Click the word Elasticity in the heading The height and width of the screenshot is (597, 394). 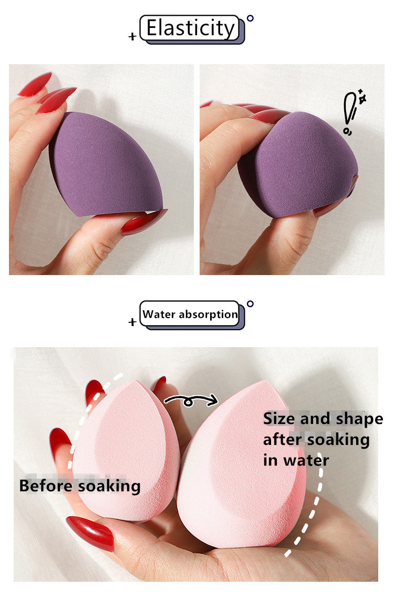point(191,28)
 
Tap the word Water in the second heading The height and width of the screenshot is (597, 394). point(159,314)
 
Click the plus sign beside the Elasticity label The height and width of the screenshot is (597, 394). point(132,36)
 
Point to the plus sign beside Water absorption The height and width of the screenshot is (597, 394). point(132,322)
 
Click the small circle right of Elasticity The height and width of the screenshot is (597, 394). point(250,18)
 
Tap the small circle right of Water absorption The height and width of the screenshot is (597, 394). point(250,303)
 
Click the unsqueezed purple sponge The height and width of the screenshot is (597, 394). point(105,164)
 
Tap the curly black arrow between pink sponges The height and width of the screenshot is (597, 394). point(191,400)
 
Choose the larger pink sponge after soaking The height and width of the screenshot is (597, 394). point(242,464)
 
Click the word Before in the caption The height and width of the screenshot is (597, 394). point(47,486)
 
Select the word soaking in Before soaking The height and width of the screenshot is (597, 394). point(109,487)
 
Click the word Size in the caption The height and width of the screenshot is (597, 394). point(279,419)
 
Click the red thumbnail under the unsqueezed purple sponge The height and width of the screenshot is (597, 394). point(144,222)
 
